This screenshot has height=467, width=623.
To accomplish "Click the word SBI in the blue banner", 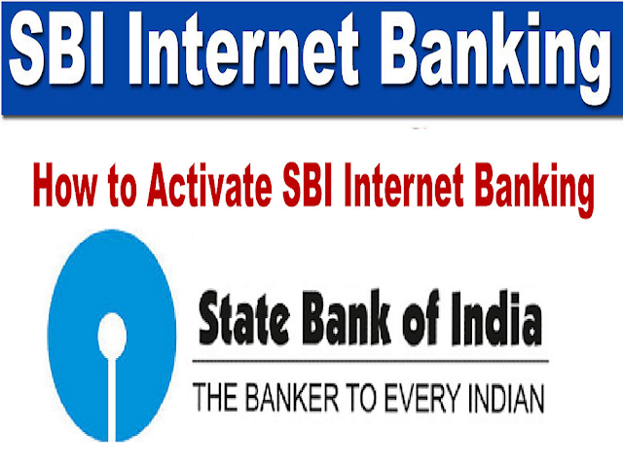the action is (x=56, y=49).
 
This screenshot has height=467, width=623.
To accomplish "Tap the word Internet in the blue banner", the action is (x=243, y=49).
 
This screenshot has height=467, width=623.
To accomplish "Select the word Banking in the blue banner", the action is (x=495, y=58).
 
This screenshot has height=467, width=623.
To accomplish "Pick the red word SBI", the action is (x=307, y=185).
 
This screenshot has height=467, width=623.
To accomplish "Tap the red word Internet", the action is (x=404, y=185).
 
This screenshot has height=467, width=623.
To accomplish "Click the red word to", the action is (x=123, y=187).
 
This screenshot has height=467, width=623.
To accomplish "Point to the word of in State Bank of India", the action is (x=421, y=317).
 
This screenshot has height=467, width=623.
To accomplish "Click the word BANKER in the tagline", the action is (x=292, y=397).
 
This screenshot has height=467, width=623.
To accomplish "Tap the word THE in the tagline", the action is (x=215, y=397).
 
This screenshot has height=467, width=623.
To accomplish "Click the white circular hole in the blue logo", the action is (x=112, y=336).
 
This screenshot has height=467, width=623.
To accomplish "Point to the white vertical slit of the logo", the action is (x=112, y=399).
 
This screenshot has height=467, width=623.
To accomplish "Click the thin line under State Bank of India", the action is (x=370, y=361).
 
